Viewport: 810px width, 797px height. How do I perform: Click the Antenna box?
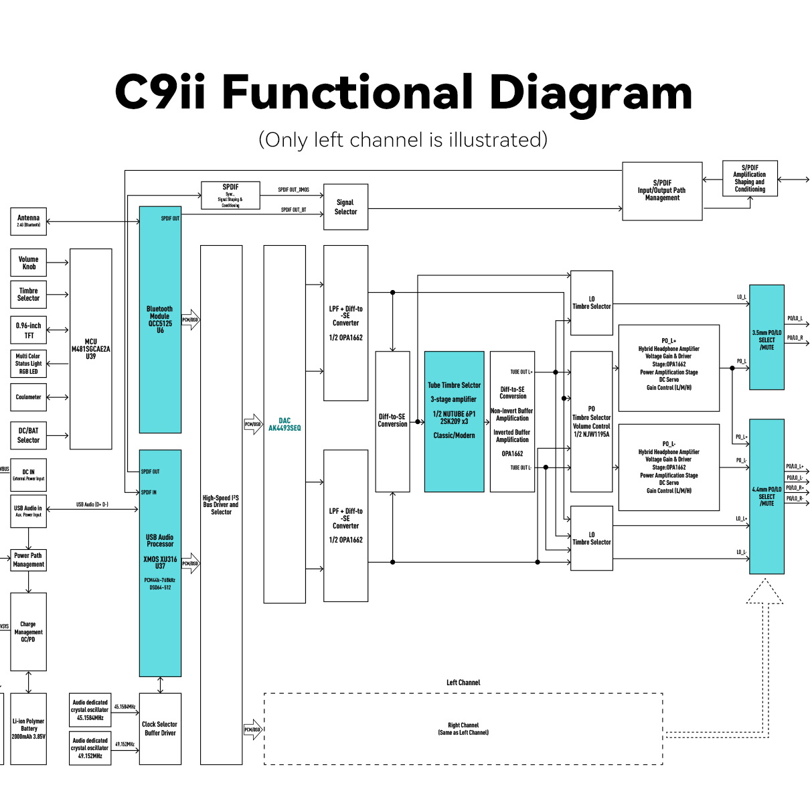pos(28,221)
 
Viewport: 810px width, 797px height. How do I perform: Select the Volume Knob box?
pos(28,263)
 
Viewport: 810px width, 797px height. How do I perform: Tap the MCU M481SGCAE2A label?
pos(90,349)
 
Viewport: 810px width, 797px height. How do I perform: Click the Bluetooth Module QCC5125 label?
pos(160,319)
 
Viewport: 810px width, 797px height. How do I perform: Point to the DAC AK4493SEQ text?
pos(285,425)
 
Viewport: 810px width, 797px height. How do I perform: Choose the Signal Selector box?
pos(345,207)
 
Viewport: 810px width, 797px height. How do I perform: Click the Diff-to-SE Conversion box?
pos(392,421)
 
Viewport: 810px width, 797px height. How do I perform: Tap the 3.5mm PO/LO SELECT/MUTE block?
pos(766,338)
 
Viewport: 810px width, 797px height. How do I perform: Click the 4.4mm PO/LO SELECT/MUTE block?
pos(766,496)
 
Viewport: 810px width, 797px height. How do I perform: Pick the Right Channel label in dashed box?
pos(463,729)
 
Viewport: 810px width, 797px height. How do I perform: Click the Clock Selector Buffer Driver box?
pos(160,729)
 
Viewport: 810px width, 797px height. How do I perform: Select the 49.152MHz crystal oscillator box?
pos(90,748)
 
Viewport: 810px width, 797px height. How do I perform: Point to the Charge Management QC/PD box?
pos(28,632)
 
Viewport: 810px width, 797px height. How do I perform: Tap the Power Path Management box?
pos(28,560)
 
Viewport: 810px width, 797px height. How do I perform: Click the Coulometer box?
pos(28,397)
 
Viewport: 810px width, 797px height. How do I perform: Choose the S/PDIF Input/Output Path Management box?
pos(662,191)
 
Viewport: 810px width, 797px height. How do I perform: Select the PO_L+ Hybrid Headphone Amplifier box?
pos(669,368)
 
